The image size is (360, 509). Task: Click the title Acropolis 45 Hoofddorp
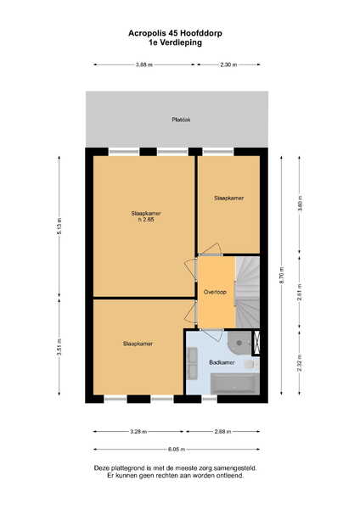pos(175,33)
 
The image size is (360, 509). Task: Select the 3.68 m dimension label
pos(144,64)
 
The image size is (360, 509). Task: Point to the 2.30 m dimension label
pos(228,64)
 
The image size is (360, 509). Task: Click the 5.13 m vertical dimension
pos(59,227)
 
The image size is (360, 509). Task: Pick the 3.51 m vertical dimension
pos(59,347)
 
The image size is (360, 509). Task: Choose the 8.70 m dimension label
pos(281,275)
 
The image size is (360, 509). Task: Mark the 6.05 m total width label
pos(177,450)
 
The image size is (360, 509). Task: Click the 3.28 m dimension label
pos(138,432)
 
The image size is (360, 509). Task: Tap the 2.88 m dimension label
pos(222,432)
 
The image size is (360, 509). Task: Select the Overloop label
pos(215,292)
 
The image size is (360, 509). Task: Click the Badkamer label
pos(222,362)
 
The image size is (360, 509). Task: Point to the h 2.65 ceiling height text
pos(146,220)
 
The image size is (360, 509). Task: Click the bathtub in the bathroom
pos(235,383)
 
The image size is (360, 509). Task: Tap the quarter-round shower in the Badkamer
pos(239,343)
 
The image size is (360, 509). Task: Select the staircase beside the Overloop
pos(247,292)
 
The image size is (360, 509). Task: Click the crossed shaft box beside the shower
pos(256,343)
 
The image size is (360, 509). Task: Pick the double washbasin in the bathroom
pos(193,363)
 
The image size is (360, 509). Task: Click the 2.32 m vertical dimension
pos(300,362)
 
